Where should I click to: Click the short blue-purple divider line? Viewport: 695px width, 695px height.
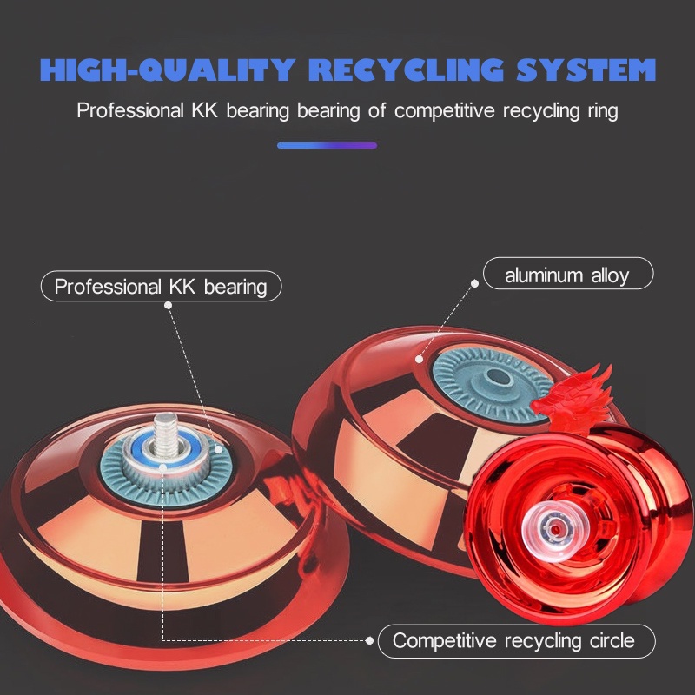327,145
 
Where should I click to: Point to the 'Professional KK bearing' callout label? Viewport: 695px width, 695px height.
161,287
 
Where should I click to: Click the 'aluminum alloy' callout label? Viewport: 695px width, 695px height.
567,276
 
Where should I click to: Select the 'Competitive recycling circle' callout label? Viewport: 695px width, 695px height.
513,641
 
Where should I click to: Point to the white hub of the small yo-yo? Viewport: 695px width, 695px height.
548,524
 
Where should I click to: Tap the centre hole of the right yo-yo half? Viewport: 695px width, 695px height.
498,376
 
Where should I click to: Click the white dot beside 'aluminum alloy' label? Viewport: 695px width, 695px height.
475,282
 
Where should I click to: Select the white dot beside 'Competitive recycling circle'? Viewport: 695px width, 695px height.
370,642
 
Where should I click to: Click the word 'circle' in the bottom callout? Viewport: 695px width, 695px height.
609,641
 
